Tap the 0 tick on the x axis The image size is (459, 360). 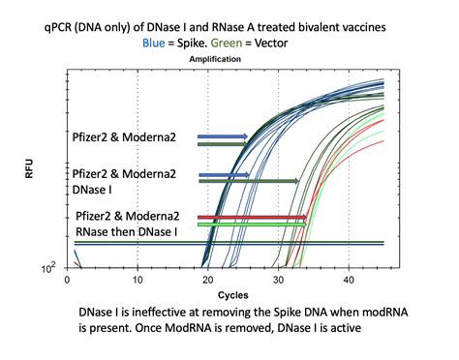(x=67, y=279)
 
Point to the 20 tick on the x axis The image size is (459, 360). (x=208, y=279)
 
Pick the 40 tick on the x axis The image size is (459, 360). (x=349, y=279)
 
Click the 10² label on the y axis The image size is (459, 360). (x=47, y=267)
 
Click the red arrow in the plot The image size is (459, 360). (x=252, y=218)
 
